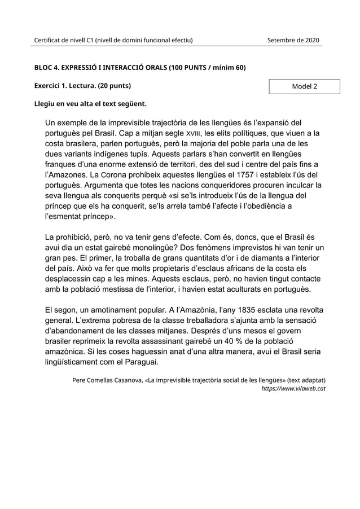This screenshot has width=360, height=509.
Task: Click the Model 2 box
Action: pyautogui.click(x=304, y=86)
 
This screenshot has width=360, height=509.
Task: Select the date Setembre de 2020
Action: pyautogui.click(x=293, y=40)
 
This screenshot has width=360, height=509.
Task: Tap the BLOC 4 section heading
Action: pyautogui.click(x=140, y=68)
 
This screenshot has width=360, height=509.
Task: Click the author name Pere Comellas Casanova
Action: pyautogui.click(x=107, y=380)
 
